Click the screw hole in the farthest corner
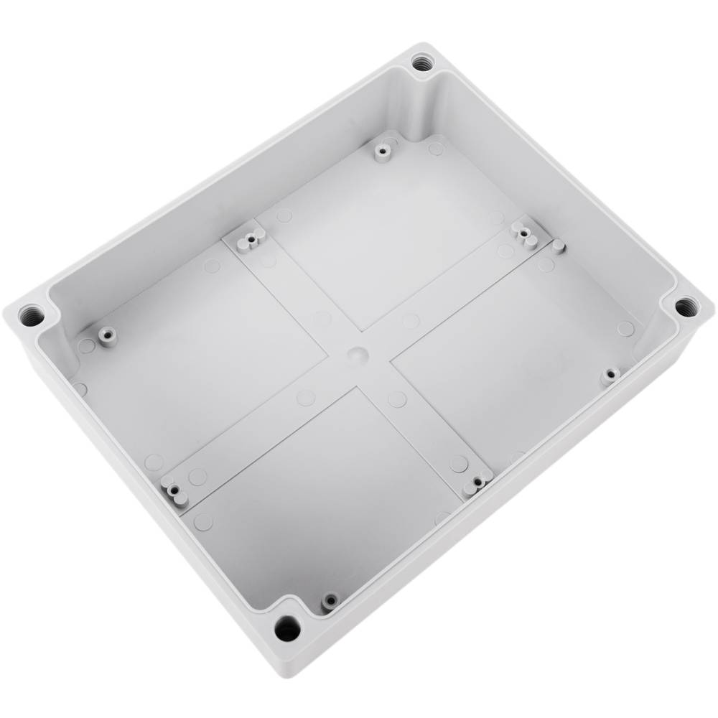(x=421, y=62)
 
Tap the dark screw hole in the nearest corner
(x=286, y=629)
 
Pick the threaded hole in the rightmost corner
(x=686, y=307)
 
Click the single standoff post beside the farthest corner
(x=382, y=151)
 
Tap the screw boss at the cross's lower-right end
(x=475, y=482)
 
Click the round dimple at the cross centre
(x=357, y=354)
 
